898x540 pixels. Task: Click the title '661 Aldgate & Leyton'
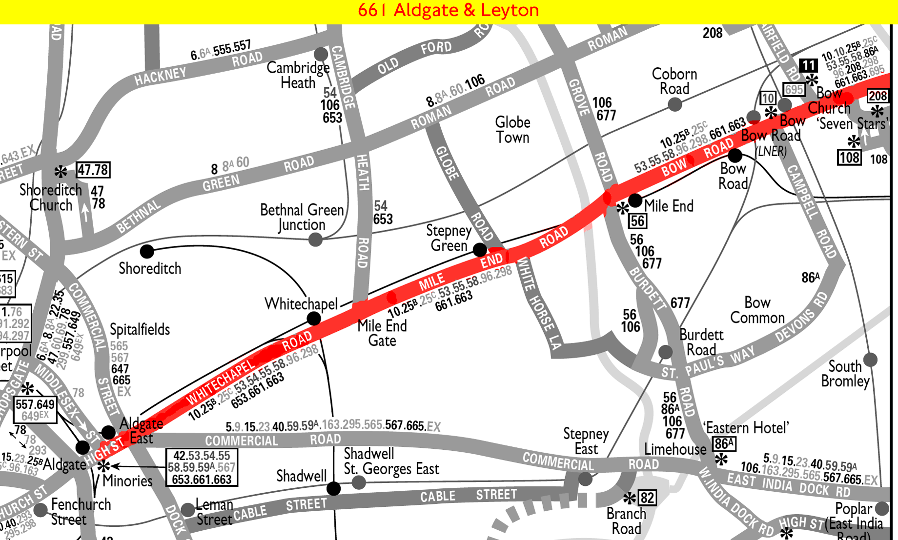[x=448, y=10]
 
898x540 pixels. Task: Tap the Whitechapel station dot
[x=314, y=319]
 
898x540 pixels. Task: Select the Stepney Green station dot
[x=480, y=250]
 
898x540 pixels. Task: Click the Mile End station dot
[x=635, y=200]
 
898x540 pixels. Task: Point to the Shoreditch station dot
[x=147, y=251]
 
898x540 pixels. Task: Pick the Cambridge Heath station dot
[x=321, y=54]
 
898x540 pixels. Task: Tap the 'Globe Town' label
[x=512, y=130]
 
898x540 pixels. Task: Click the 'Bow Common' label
[x=757, y=310]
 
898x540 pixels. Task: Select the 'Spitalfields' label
[x=140, y=330]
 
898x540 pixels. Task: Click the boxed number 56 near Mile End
[x=637, y=221]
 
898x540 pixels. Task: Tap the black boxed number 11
[x=808, y=65]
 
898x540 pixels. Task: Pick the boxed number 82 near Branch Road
[x=647, y=498]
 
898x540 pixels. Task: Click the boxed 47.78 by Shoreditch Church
[x=93, y=170]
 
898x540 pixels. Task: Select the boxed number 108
[x=849, y=158]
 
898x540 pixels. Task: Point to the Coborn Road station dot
[x=675, y=104]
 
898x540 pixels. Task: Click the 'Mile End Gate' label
[x=382, y=333]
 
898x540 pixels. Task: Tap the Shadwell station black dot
[x=333, y=488]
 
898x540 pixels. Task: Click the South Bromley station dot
[x=870, y=360]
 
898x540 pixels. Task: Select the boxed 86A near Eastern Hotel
[x=724, y=444]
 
